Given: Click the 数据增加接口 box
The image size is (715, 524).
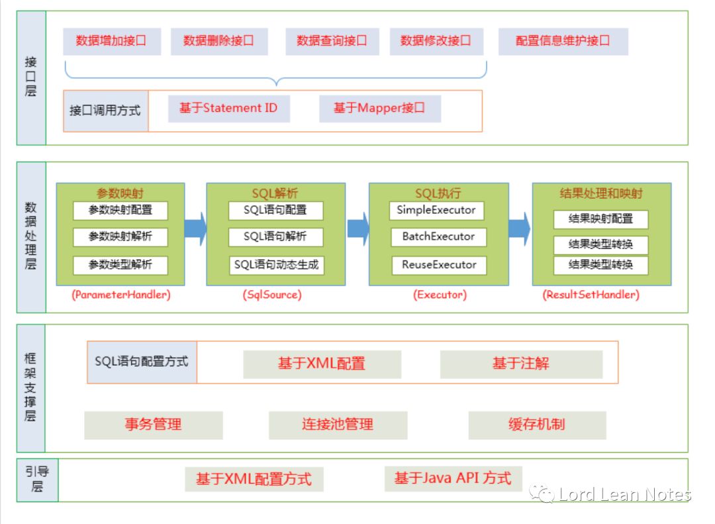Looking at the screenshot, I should point(112,41).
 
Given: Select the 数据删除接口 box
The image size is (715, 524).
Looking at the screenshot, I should point(219,41).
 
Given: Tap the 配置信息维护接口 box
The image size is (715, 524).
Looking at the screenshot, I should point(563,41).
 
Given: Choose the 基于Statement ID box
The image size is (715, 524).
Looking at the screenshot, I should point(228,108).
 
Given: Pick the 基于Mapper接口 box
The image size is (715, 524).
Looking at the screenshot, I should point(379,108).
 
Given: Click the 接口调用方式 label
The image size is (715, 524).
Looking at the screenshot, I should point(105,111).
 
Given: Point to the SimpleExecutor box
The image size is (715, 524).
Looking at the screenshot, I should point(436,211).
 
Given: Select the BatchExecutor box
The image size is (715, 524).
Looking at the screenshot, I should point(438,236).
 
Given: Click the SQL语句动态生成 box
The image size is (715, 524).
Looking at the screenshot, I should point(277,265).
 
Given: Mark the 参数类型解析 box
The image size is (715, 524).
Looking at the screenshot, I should point(120,265).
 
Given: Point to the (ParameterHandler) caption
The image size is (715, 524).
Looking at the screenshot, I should point(120,295).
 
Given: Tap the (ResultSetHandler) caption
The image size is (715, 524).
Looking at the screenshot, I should point(591,295).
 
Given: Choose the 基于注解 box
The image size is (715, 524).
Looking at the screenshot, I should point(521,364).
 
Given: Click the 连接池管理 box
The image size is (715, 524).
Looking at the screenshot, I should point(338,425).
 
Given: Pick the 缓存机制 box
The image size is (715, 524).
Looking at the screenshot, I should point(537,425).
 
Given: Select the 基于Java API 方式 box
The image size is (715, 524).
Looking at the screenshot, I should point(453,478).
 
